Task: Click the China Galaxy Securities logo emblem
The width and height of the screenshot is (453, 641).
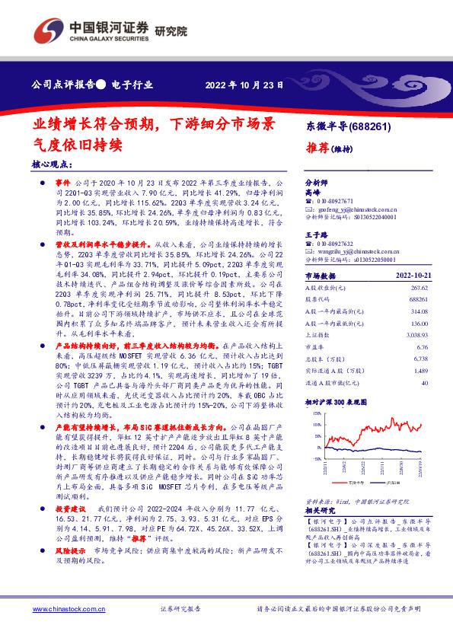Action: point(48,33)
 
